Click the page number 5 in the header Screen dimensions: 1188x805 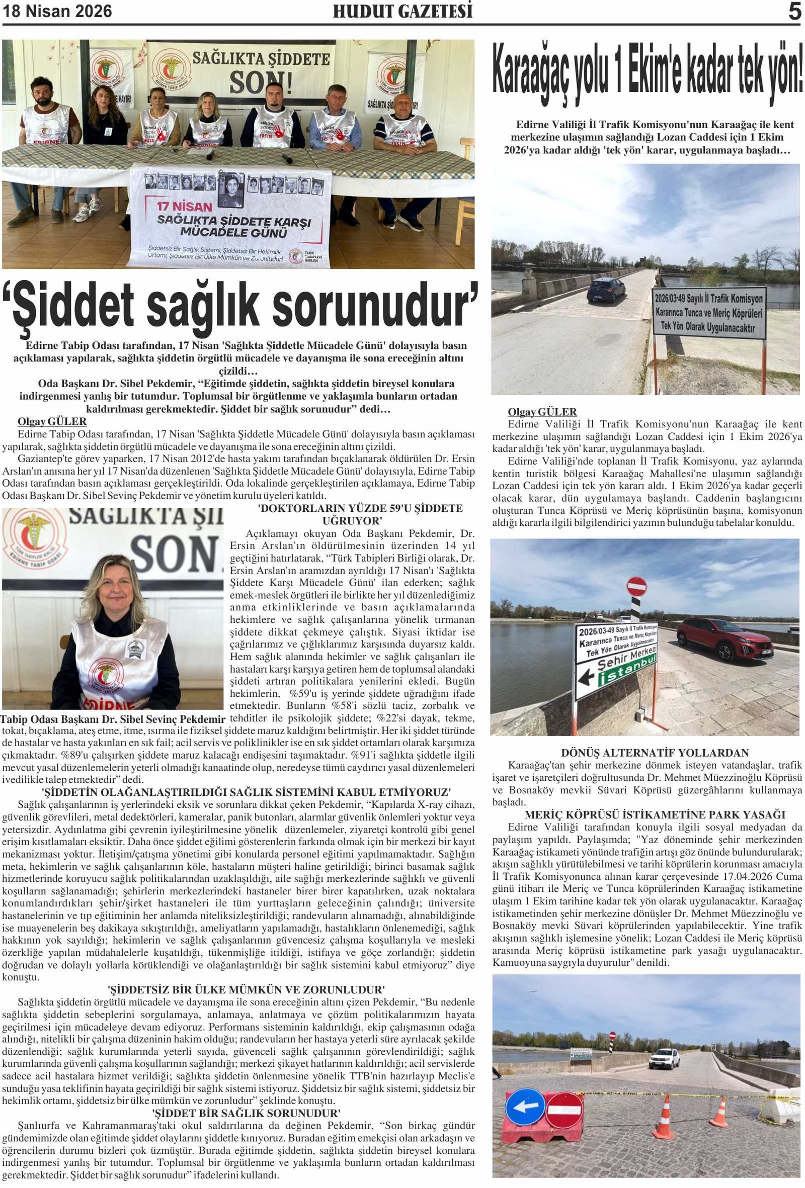[794, 11]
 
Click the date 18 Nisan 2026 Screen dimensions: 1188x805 [57, 11]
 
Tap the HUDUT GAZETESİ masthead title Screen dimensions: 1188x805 [403, 11]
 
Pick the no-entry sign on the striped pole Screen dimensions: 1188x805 [636, 586]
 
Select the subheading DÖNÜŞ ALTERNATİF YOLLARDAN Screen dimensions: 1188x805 [655, 753]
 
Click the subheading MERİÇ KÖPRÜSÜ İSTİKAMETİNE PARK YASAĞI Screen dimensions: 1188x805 [655, 814]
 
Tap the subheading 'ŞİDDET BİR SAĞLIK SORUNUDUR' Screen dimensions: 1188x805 [246, 1113]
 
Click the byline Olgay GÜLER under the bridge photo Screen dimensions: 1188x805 [542, 412]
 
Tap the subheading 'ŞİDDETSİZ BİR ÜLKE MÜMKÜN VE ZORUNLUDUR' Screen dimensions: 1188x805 [246, 989]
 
